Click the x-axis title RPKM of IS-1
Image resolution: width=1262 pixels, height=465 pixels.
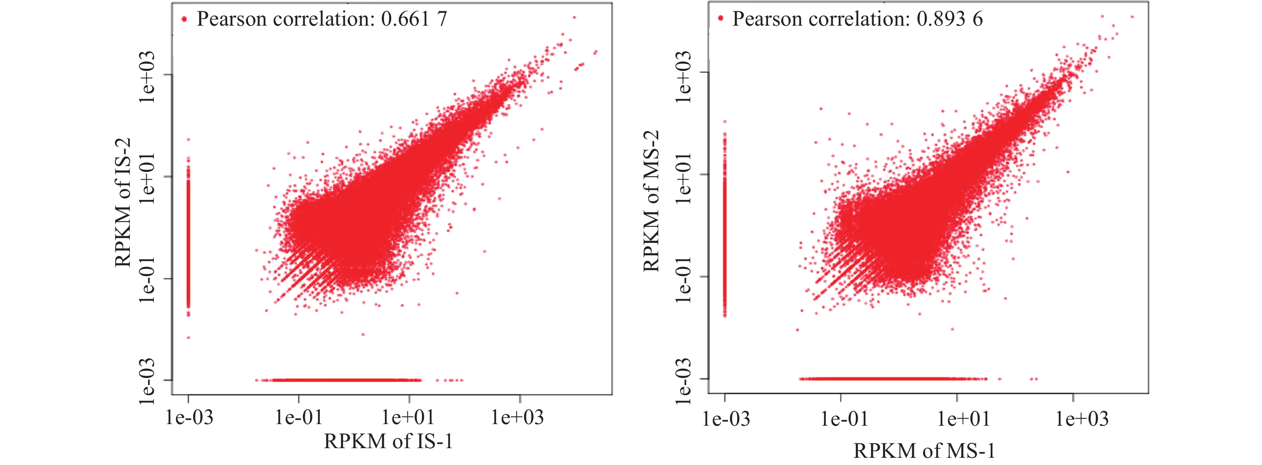tap(388, 441)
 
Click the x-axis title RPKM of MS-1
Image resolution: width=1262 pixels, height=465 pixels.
tap(924, 450)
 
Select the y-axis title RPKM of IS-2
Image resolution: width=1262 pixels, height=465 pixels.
tap(123, 202)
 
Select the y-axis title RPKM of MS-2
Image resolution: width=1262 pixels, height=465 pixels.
tap(651, 201)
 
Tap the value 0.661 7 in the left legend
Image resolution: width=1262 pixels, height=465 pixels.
tap(414, 19)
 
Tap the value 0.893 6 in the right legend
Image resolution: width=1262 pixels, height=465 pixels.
tap(950, 19)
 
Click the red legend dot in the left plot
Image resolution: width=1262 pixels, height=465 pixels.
tap(184, 20)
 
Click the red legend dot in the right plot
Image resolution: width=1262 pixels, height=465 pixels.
tap(720, 18)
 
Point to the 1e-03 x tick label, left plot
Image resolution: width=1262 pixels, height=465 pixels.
tap(189, 417)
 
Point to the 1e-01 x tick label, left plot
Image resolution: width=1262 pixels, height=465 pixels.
tap(299, 417)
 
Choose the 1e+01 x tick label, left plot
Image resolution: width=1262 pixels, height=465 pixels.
tap(409, 417)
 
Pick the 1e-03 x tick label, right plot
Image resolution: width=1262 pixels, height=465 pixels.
tap(726, 419)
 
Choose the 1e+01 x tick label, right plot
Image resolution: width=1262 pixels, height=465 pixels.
tap(963, 419)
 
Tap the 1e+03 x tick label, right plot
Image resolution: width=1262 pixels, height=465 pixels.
tap(1082, 419)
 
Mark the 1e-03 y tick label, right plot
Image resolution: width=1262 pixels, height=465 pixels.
tap(683, 381)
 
